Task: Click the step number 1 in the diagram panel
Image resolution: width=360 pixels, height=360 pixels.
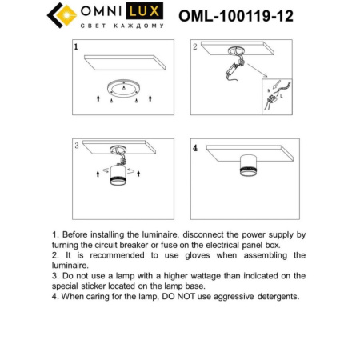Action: (75, 47)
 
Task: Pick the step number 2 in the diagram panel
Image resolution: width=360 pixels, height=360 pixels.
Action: (194, 47)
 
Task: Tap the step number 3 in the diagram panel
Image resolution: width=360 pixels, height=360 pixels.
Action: (75, 146)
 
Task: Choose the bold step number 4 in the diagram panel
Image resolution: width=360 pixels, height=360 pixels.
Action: (194, 148)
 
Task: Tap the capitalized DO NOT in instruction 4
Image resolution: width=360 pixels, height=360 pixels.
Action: (175, 296)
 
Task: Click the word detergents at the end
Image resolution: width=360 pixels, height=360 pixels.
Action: (273, 296)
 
